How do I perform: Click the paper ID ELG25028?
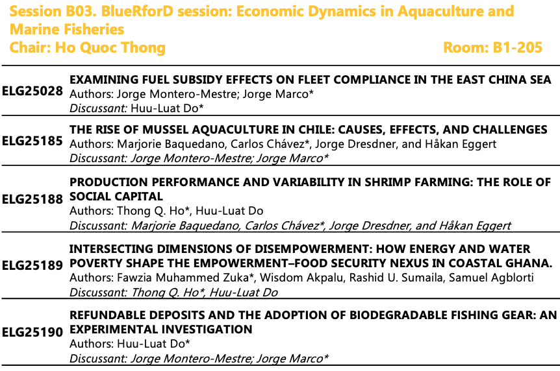coord(32,91)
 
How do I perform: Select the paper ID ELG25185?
coord(32,141)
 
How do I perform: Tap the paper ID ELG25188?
coord(32,199)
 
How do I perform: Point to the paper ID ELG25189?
coord(32,265)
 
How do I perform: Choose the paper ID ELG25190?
coord(32,332)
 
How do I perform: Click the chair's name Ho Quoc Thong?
coord(110,48)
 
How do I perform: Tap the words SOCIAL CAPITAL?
coord(116,197)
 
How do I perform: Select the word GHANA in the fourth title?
coord(530,263)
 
